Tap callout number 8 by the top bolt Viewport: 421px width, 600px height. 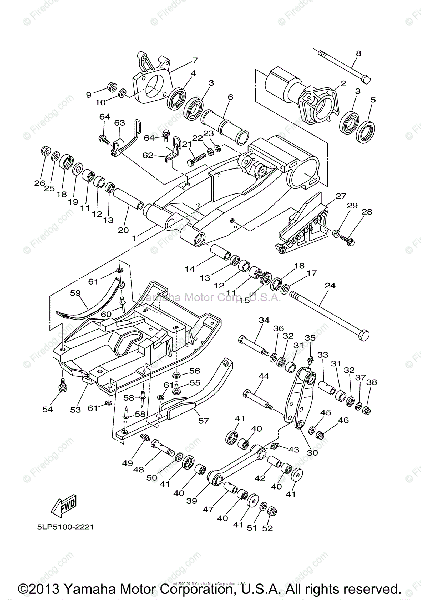coord(358,53)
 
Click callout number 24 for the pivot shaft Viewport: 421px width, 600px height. coord(330,286)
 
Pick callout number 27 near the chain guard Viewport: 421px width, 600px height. coord(341,196)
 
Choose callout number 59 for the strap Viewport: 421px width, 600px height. coord(75,294)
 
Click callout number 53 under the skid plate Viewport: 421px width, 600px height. coord(75,410)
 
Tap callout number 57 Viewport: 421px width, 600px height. coord(204,420)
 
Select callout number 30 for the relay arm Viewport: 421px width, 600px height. coord(312,453)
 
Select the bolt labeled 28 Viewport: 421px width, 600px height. coord(348,241)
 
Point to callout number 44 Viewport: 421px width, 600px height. coord(263,376)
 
